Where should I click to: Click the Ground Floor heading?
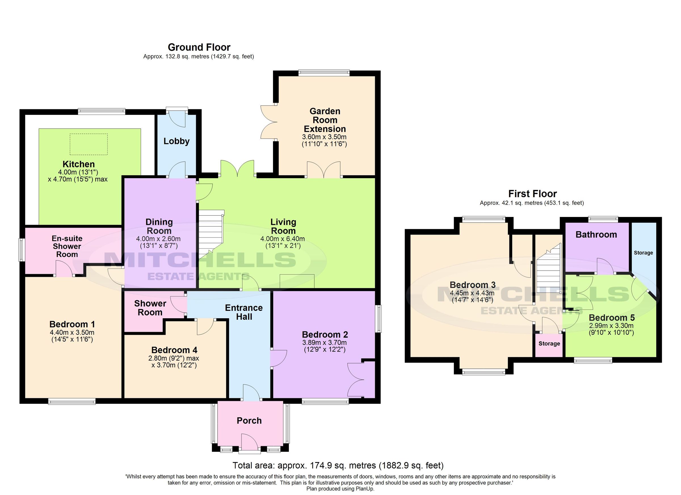click(199, 47)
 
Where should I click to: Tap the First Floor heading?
click(532, 194)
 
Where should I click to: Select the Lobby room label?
click(176, 141)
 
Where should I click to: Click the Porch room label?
click(249, 421)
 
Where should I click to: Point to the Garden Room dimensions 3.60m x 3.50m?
click(324, 137)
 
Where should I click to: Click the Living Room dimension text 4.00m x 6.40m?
click(283, 239)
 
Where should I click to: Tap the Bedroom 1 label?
click(72, 324)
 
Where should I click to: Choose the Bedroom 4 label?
click(174, 350)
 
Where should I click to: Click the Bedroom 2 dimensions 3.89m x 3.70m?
click(325, 342)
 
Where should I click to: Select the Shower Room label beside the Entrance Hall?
click(150, 308)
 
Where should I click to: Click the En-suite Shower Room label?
click(67, 246)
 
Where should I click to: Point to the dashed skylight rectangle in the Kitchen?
click(89, 144)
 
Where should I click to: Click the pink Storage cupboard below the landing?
click(549, 344)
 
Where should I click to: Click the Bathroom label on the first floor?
click(596, 235)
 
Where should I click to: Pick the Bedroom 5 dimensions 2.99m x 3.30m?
click(611, 326)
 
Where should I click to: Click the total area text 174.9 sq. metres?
click(338, 465)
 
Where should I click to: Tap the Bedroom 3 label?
click(472, 285)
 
